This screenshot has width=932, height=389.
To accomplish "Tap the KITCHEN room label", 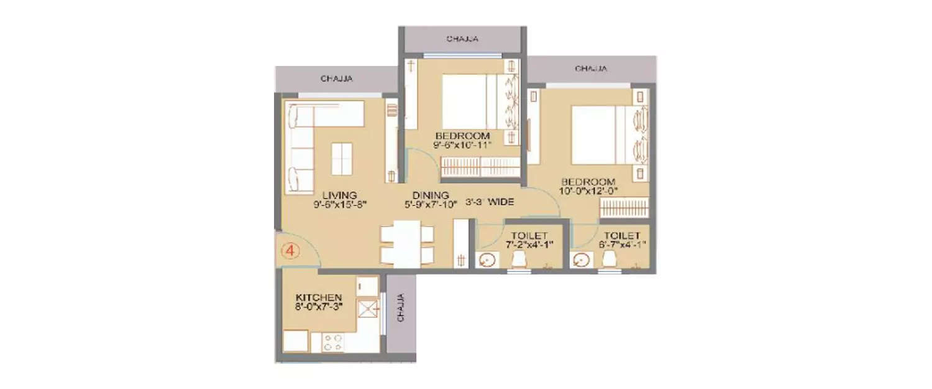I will pyautogui.click(x=319, y=297).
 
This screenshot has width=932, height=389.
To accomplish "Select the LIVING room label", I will pyautogui.click(x=339, y=195).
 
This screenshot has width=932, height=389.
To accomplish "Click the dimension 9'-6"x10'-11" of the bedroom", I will pyautogui.click(x=463, y=145).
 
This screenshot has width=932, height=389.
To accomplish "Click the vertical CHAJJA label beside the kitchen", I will pyautogui.click(x=401, y=307).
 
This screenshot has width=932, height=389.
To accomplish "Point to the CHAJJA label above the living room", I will pyautogui.click(x=337, y=79).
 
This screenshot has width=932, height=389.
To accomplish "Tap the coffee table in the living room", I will pyautogui.click(x=341, y=159).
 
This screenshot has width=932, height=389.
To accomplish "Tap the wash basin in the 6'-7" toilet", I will pyautogui.click(x=582, y=260).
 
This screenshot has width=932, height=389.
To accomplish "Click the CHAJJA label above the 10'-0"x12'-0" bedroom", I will pyautogui.click(x=591, y=68).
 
